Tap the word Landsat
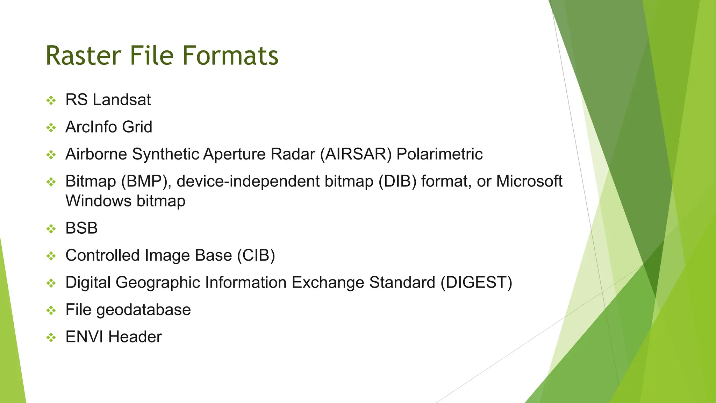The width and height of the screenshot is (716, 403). [x=122, y=100]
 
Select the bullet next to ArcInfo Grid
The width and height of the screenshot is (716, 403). [x=51, y=128]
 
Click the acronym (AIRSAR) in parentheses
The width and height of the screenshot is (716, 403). [x=356, y=154]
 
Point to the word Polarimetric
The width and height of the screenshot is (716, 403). [x=439, y=154]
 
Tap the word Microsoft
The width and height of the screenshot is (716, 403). [x=529, y=182]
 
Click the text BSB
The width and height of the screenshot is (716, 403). [x=81, y=228]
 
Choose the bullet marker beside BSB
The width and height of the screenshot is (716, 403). [x=51, y=229]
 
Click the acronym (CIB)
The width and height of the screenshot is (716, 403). [x=256, y=256]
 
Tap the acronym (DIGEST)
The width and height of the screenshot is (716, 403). [x=476, y=283]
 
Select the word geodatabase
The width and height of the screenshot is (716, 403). [x=143, y=310]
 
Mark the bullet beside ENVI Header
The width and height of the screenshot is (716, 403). [x=51, y=338]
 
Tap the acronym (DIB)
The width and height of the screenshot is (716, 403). [x=398, y=182]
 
